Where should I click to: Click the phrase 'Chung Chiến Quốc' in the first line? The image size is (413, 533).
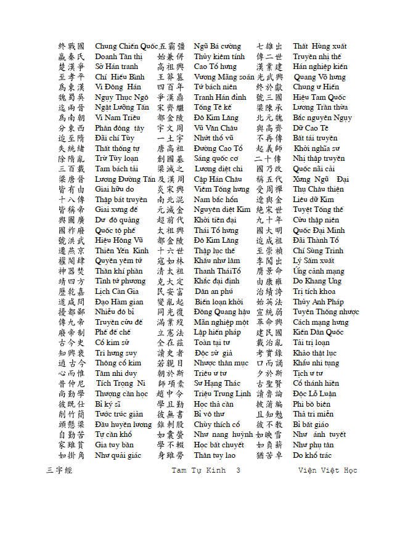click(126, 46)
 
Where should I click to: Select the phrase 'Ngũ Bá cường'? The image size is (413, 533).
click(217, 46)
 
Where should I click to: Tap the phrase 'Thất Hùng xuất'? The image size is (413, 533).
click(319, 46)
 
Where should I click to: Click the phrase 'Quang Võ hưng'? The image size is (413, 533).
click(320, 77)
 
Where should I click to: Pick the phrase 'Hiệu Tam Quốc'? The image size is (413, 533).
click(319, 97)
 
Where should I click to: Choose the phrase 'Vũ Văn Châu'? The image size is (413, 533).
click(216, 128)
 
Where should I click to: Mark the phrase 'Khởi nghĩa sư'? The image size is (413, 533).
click(316, 149)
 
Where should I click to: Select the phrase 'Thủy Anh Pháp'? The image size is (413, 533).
click(318, 302)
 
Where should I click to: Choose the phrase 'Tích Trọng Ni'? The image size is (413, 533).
click(120, 383)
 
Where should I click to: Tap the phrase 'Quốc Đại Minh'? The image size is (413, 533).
click(319, 230)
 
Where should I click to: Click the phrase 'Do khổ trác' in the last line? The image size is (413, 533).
click(312, 455)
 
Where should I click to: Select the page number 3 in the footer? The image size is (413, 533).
click(238, 471)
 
